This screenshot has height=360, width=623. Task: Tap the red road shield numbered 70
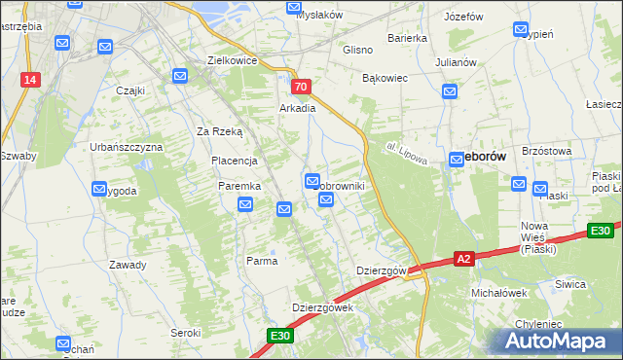(x=301, y=87)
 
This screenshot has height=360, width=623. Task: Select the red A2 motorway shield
(x=464, y=259)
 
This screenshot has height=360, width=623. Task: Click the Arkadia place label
(x=298, y=108)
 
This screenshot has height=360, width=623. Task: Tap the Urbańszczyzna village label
(x=127, y=146)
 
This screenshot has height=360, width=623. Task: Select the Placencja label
(x=234, y=161)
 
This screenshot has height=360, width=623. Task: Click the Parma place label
(x=262, y=261)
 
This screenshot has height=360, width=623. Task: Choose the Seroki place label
(x=185, y=332)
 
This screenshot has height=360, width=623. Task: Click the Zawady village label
(x=128, y=265)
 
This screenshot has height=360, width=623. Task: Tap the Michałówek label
(x=498, y=292)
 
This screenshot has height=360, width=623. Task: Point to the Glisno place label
(x=359, y=49)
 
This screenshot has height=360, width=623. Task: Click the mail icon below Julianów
(x=450, y=91)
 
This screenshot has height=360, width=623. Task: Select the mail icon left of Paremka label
(x=245, y=204)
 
